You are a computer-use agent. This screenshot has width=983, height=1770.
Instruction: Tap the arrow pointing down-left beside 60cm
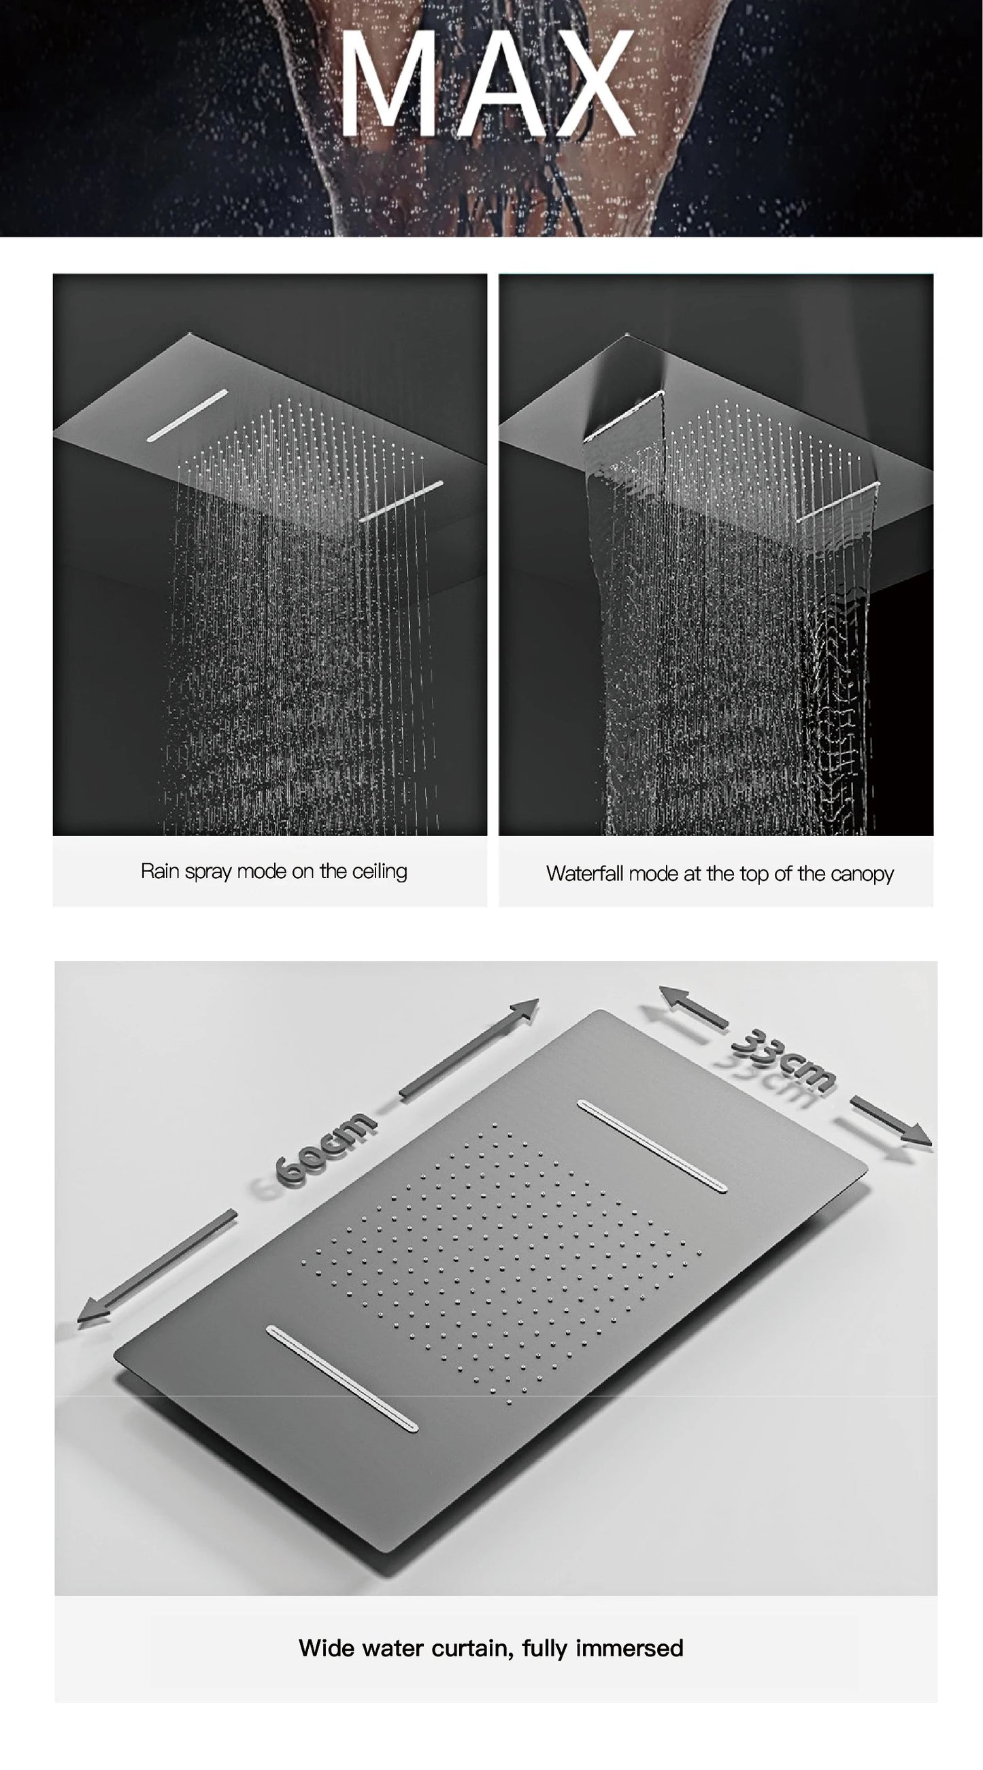coord(155,1269)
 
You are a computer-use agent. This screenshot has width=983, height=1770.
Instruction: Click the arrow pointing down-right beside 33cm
coord(890,1120)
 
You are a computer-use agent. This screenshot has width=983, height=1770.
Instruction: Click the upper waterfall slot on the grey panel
coord(651,1146)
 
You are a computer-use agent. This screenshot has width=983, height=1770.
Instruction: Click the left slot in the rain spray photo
coord(188,415)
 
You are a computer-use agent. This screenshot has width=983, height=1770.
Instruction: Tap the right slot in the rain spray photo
coord(401,501)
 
